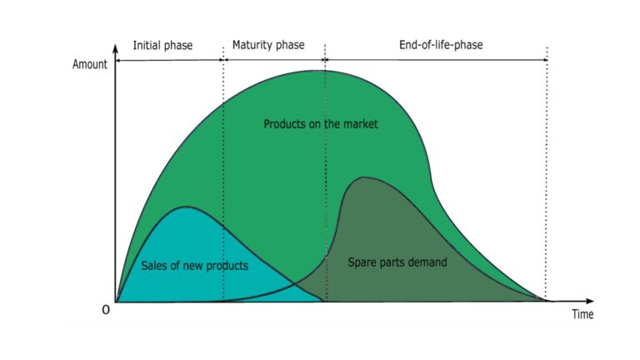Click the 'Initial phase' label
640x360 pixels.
tap(162, 45)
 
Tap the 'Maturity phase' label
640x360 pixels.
tap(268, 45)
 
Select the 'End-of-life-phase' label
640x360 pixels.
tap(441, 44)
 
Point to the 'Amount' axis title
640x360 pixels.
tap(90, 64)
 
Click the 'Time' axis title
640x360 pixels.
tap(582, 314)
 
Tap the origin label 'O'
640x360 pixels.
tap(106, 310)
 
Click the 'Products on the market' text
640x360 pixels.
tap(320, 123)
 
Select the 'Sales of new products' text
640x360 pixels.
tap(194, 266)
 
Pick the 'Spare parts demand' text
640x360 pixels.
tap(397, 262)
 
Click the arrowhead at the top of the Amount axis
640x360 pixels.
tap(116, 48)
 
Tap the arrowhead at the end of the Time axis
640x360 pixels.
tap(590, 301)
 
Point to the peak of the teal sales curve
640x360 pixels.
tap(186, 207)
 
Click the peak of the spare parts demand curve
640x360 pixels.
tap(363, 177)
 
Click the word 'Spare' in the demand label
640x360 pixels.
tap(361, 262)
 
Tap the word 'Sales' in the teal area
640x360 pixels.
tap(153, 266)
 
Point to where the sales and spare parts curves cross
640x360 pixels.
tap(296, 282)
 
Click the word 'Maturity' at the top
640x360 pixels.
tap(250, 45)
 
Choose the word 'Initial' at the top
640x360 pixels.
tap(146, 45)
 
